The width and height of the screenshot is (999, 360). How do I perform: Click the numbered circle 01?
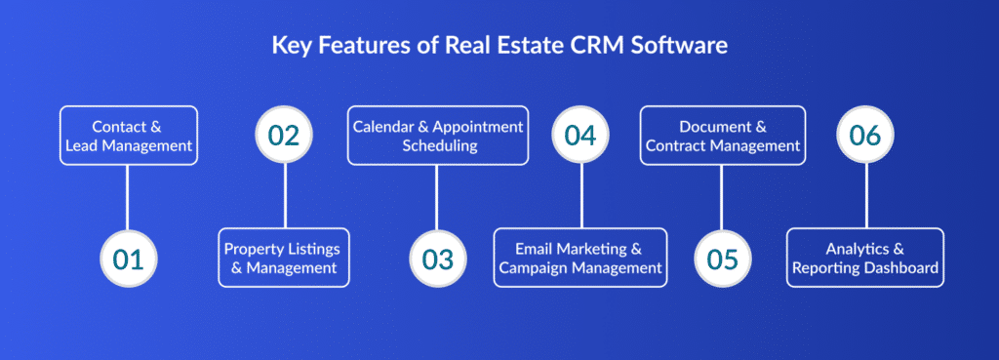(x=129, y=259)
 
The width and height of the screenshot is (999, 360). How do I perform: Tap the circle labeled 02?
(x=284, y=135)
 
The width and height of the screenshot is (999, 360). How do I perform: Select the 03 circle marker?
(x=438, y=259)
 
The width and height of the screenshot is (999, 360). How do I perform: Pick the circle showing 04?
(x=580, y=135)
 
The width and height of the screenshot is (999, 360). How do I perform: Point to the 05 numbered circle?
(x=723, y=259)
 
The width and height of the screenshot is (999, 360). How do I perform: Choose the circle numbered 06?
(x=865, y=135)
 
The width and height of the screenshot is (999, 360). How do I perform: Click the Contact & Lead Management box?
(x=129, y=136)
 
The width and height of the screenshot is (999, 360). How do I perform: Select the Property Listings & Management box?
(x=284, y=258)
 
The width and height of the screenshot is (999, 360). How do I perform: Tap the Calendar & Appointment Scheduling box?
(x=438, y=136)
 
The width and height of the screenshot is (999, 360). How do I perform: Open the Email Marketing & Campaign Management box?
(x=580, y=258)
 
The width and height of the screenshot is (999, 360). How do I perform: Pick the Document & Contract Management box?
(x=723, y=136)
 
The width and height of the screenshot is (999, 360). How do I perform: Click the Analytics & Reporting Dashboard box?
(x=865, y=258)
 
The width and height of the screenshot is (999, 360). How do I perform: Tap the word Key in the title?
(x=288, y=47)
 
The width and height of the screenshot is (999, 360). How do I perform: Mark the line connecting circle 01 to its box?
(x=128, y=197)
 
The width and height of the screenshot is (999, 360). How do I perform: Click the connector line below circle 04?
(x=581, y=195)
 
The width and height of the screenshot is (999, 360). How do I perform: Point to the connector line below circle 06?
(x=866, y=195)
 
